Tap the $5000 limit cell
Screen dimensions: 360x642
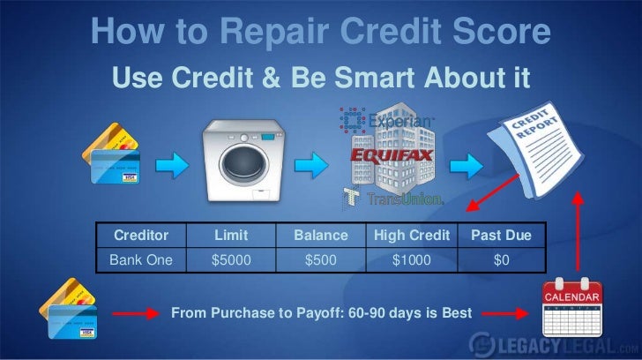pyautogui.click(x=230, y=260)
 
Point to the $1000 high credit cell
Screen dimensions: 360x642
pyautogui.click(x=412, y=260)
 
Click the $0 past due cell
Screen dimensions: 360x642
pyautogui.click(x=501, y=260)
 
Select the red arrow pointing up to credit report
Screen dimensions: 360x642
pyautogui.click(x=578, y=229)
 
